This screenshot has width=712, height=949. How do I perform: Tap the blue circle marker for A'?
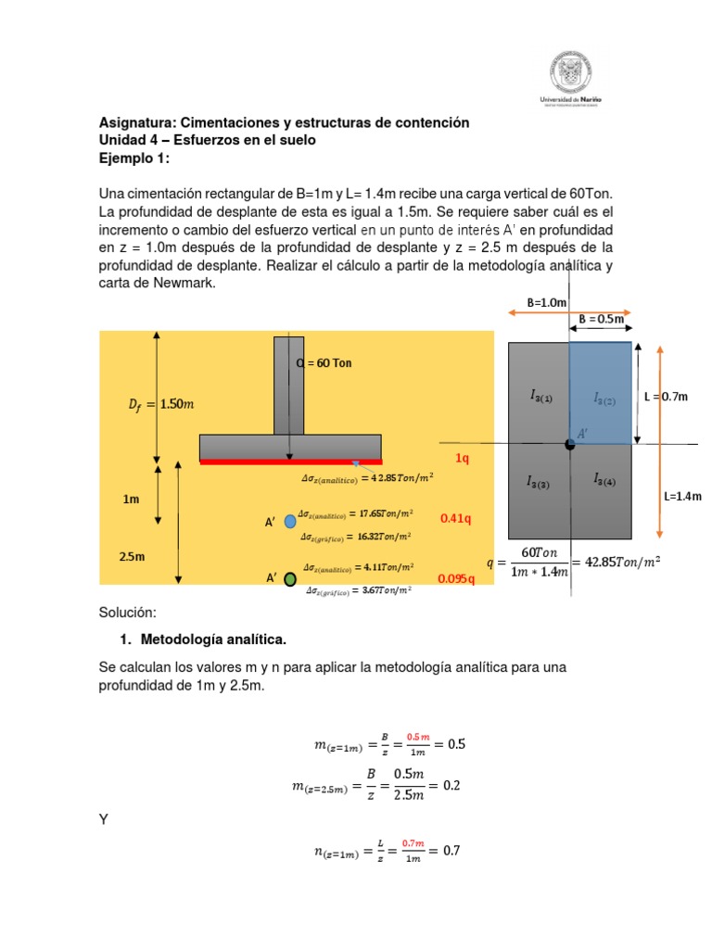tap(290, 522)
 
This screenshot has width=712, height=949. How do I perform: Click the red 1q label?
tap(463, 459)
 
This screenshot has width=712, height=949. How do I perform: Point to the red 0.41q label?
tap(456, 518)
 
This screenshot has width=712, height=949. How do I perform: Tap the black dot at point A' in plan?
tap(569, 444)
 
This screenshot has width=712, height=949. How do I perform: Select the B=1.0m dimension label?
tap(547, 302)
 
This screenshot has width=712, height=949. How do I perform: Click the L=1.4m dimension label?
tap(682, 497)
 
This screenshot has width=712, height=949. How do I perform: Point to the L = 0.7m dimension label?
tap(667, 397)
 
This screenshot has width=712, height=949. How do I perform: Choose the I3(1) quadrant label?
tap(541, 396)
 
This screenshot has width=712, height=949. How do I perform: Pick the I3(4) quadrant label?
tap(606, 479)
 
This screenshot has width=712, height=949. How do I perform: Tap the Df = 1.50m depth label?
tap(160, 404)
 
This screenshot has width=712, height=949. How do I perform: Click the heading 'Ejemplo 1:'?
tap(134, 158)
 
